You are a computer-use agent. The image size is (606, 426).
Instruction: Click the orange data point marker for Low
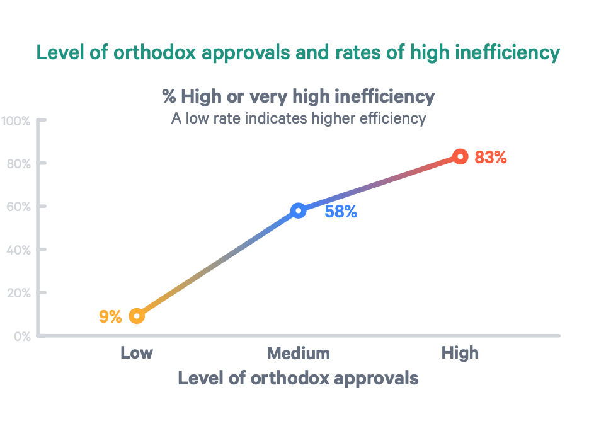click(137, 316)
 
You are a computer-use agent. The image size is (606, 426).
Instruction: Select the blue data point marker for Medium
click(299, 210)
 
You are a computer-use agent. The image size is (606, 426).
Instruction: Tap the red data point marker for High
click(460, 156)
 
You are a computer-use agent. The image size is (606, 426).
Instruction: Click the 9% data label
click(110, 316)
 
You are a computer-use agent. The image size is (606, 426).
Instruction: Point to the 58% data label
click(341, 212)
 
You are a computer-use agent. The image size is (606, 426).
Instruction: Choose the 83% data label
click(491, 158)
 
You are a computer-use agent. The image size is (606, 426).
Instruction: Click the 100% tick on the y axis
click(16, 120)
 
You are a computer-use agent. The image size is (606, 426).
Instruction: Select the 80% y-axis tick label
click(18, 163)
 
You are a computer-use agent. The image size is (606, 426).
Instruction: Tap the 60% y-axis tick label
click(18, 206)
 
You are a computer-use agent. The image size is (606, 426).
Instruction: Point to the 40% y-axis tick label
click(18, 250)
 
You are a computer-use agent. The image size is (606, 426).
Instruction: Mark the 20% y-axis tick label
click(18, 292)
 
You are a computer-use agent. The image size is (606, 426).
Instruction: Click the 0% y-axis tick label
click(21, 336)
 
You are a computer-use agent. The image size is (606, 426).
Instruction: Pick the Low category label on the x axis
click(137, 352)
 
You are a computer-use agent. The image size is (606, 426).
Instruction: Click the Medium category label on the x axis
click(299, 352)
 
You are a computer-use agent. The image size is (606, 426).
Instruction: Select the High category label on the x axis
click(460, 352)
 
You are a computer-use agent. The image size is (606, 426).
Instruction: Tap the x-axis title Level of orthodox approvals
click(298, 378)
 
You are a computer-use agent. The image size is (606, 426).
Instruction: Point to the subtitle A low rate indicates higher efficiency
click(299, 118)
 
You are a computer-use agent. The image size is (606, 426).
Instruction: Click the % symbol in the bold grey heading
click(169, 97)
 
